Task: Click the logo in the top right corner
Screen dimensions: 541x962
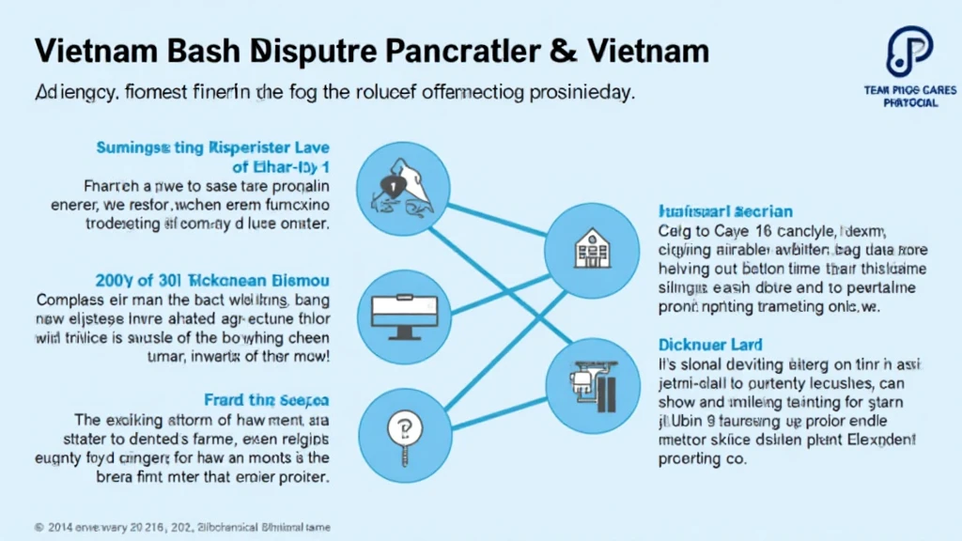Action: pos(908,52)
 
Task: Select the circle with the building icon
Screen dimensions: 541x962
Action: pos(590,246)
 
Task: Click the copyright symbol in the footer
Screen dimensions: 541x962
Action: pos(38,527)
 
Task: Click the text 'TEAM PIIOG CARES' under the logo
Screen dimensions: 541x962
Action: pos(910,90)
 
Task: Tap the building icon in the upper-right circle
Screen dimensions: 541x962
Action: pos(590,246)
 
